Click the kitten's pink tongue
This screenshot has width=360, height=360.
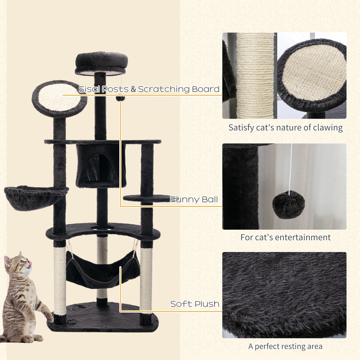click(x=30, y=264)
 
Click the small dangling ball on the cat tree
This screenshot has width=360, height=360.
click(x=120, y=98)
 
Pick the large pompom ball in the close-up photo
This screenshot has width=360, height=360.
click(x=288, y=205)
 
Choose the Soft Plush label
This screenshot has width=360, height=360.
click(x=195, y=304)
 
